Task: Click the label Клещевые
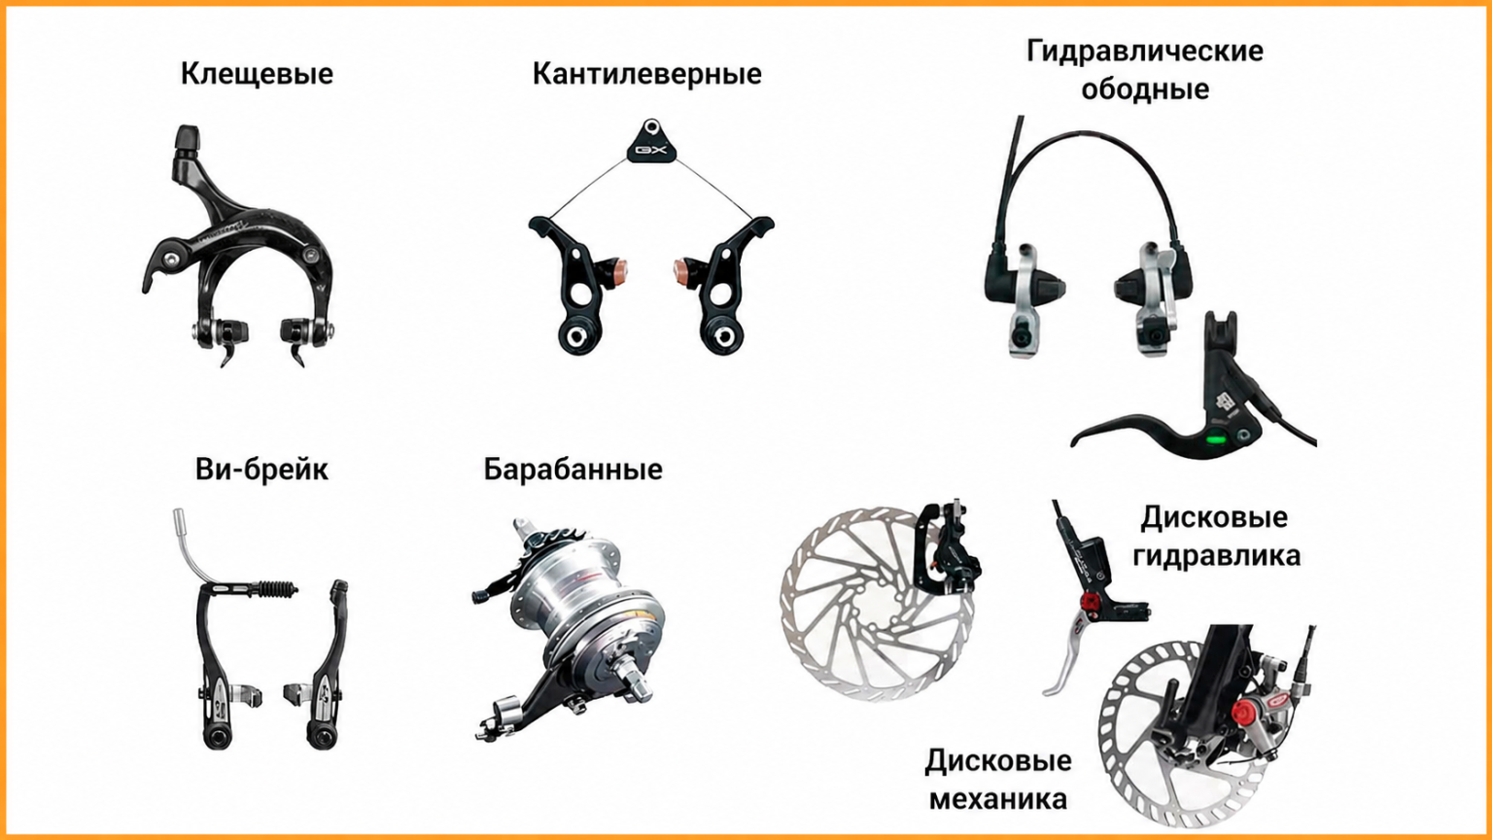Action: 257,74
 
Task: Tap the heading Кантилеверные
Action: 646,74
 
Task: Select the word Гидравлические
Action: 1144,52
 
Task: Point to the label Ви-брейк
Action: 261,470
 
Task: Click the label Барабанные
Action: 573,470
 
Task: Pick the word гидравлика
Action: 1216,555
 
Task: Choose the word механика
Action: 998,798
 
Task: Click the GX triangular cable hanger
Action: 651,142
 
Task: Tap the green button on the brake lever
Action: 1216,439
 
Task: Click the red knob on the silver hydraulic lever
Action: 1091,602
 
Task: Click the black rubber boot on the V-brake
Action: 276,589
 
